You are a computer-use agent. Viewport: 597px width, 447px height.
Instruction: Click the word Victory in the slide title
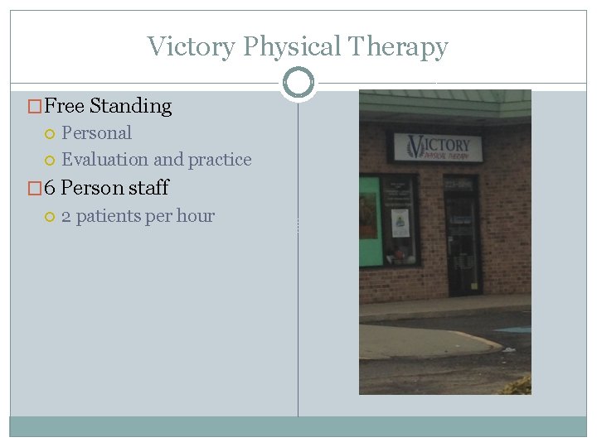click(x=192, y=47)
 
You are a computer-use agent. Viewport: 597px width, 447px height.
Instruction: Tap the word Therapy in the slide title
click(x=398, y=47)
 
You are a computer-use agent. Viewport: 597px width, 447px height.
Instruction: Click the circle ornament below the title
click(x=298, y=83)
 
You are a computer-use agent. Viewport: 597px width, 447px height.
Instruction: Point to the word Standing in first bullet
click(x=130, y=106)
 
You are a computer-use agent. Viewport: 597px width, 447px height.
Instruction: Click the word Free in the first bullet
click(x=64, y=106)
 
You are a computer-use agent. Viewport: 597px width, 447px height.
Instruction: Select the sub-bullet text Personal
click(x=96, y=133)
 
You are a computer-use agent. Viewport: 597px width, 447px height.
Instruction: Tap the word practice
click(x=220, y=160)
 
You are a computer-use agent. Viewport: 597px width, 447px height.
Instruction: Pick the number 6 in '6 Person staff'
click(x=50, y=188)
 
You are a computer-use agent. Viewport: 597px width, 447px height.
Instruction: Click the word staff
click(x=148, y=188)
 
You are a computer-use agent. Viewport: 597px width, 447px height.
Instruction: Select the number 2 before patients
click(x=66, y=216)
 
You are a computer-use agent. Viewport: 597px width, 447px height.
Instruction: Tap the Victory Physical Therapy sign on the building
click(x=439, y=147)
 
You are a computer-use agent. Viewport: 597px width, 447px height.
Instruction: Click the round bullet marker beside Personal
click(x=50, y=133)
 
